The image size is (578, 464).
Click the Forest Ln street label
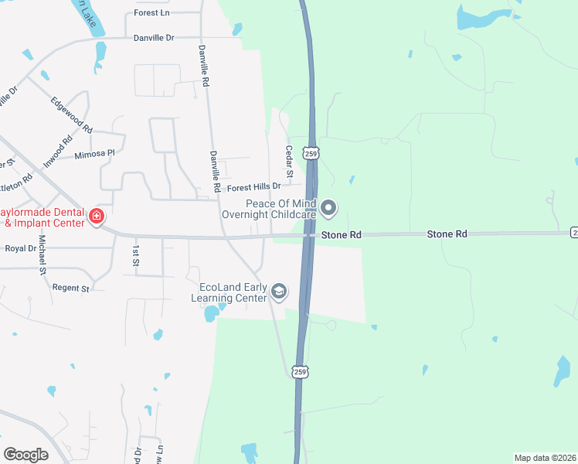pos(151,13)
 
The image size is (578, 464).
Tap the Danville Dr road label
pos(154,37)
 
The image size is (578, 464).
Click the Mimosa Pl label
pos(94,155)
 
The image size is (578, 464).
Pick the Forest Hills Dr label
pos(253,187)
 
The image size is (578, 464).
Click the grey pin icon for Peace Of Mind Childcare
pos(328,207)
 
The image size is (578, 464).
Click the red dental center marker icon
pos(97,216)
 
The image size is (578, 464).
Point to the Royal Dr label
pos(21,249)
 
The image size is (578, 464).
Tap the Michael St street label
pos(42,255)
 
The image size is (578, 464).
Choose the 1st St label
pos(135,256)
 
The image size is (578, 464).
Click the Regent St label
pos(71,288)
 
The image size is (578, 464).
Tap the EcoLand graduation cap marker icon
pos(279,292)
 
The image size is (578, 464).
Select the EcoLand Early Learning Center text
pos(233,292)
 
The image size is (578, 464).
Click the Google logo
pos(26,455)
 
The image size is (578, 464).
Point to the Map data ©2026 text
pos(545,457)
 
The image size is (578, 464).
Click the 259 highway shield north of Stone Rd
pos(309,152)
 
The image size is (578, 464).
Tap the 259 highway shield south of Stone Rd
pos(301,372)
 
